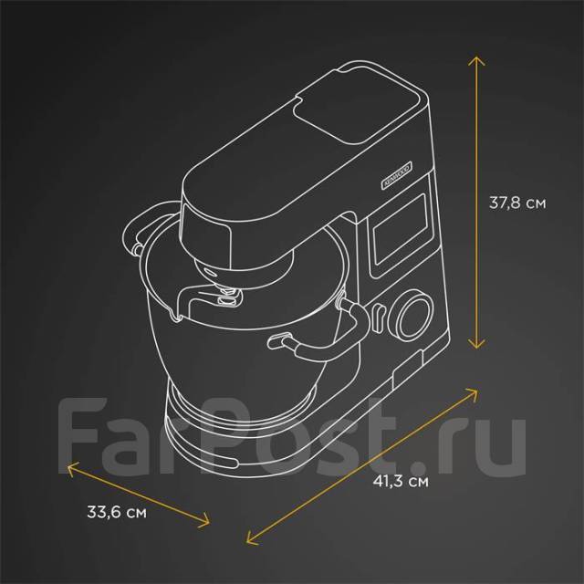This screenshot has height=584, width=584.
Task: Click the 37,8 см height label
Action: (x=517, y=203)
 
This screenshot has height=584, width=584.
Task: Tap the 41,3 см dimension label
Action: (x=401, y=481)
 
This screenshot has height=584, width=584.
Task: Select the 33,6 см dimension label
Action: (x=117, y=512)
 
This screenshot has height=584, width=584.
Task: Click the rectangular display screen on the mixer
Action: (x=401, y=229)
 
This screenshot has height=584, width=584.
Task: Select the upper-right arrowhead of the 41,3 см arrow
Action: (x=473, y=392)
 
